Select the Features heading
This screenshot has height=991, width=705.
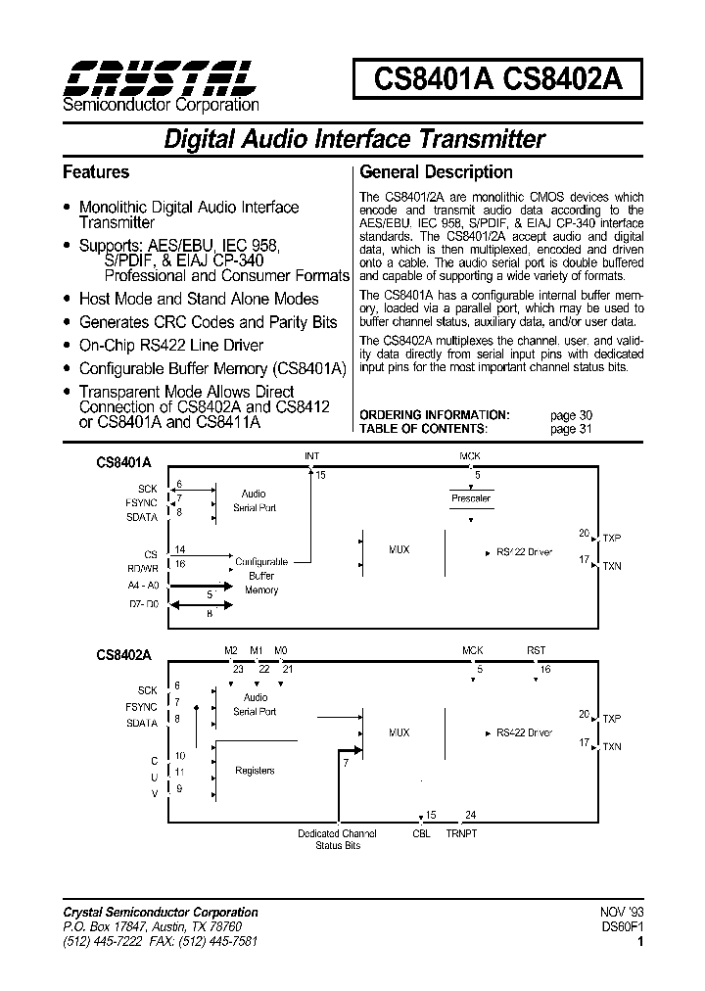[96, 172]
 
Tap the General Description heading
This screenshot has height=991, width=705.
[436, 172]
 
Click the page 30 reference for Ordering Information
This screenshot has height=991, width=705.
[571, 415]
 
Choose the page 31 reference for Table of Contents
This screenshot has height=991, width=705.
[571, 429]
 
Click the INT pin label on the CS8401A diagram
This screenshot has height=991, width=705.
[311, 456]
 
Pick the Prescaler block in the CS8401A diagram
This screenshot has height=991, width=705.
[471, 498]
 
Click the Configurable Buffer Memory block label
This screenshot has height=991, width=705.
[261, 576]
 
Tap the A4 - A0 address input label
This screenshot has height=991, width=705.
[142, 585]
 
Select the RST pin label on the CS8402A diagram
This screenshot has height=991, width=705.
[537, 650]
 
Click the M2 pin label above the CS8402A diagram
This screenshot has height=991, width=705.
[231, 650]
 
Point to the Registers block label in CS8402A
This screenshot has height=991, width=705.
[255, 772]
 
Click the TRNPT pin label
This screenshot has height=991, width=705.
[461, 833]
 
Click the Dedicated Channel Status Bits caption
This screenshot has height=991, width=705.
[337, 839]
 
